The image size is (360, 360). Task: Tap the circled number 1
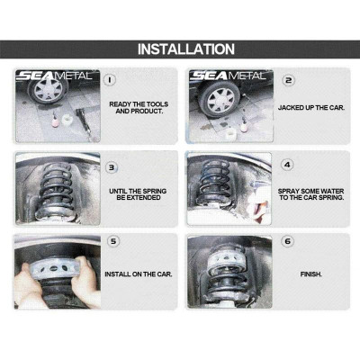[111, 79]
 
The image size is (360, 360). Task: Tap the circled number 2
[288, 79]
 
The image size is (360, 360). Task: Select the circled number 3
[111, 166]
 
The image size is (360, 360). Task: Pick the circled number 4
[288, 166]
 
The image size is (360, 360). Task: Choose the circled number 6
[288, 241]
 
